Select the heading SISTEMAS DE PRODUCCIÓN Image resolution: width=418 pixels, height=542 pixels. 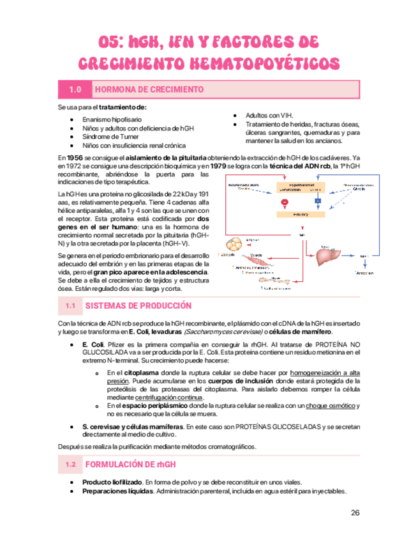click(x=138, y=306)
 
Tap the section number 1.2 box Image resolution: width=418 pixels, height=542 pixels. click(x=71, y=463)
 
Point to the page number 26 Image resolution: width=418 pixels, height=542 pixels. click(x=355, y=512)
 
